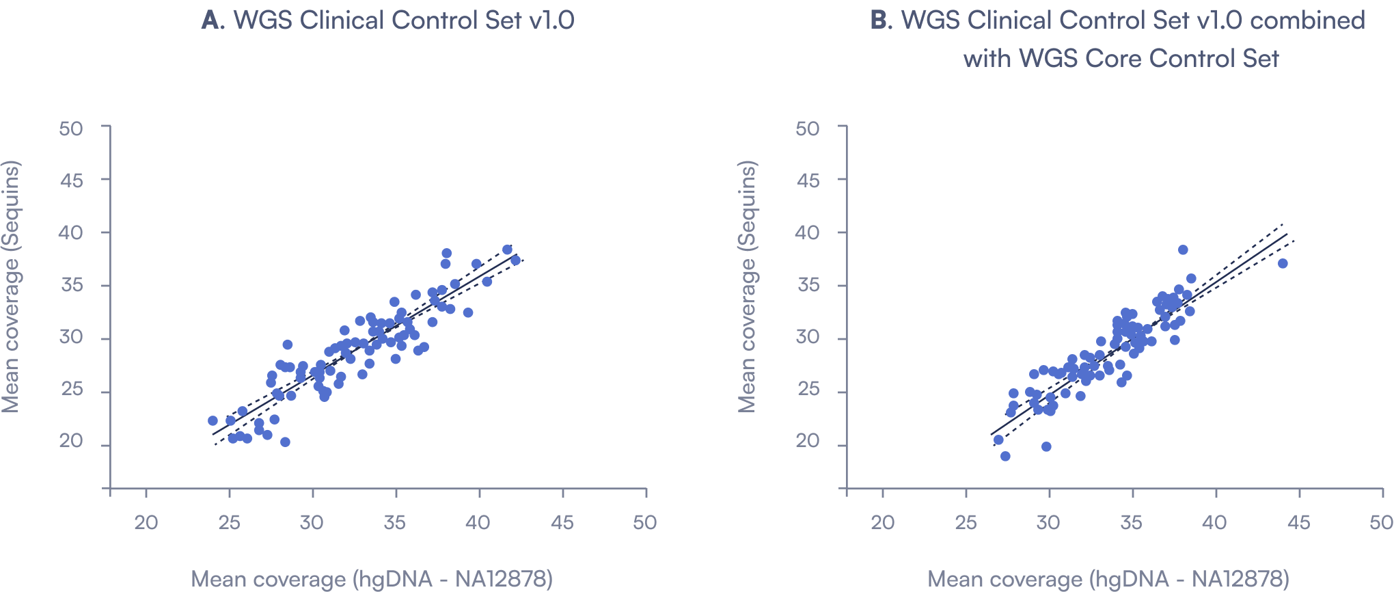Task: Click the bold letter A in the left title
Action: (211, 21)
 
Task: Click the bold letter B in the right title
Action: (880, 21)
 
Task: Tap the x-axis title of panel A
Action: (371, 579)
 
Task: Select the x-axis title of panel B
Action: (1108, 579)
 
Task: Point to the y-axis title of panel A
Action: (11, 286)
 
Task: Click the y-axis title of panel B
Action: (748, 286)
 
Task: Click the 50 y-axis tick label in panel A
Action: (71, 129)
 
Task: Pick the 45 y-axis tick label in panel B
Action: (808, 180)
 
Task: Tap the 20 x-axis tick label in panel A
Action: (146, 523)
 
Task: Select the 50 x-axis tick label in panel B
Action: (1381, 523)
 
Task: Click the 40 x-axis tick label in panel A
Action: (478, 523)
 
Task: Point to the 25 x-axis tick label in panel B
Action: (966, 523)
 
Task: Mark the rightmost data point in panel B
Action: (1283, 263)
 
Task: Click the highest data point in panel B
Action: (1183, 250)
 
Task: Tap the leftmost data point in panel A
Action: (213, 420)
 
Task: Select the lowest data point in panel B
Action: (1005, 456)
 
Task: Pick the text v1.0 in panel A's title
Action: (551, 21)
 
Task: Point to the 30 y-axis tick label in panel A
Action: (71, 337)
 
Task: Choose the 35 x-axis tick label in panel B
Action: (1132, 523)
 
